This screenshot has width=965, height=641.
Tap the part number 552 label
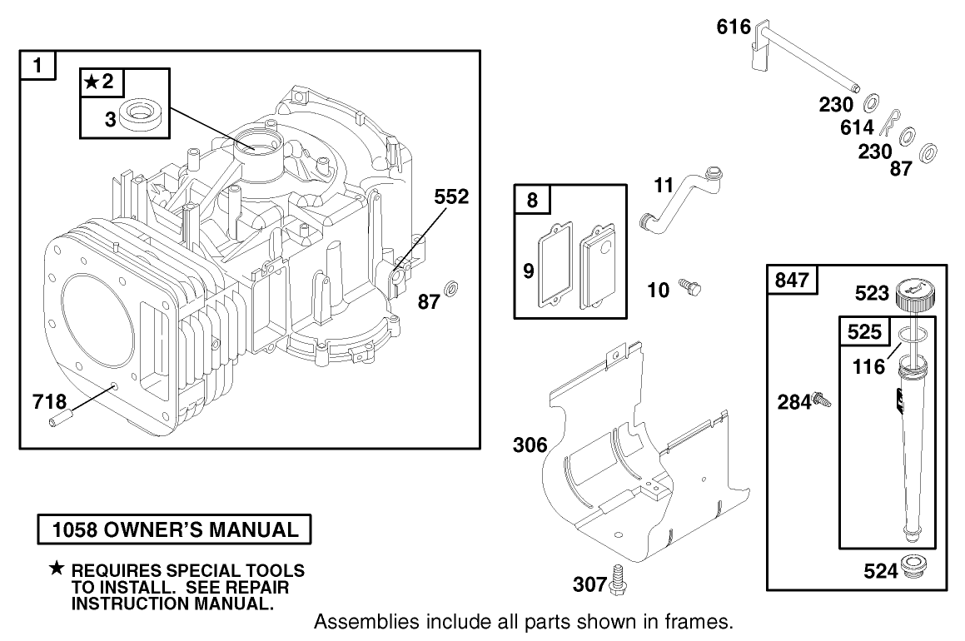(450, 196)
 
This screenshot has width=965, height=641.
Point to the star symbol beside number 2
(91, 81)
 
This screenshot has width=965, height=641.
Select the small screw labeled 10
(690, 288)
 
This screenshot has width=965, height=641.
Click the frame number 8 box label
(532, 201)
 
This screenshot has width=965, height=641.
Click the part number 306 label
(530, 445)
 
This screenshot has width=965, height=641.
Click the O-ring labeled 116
(913, 335)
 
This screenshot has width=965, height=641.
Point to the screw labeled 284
(823, 400)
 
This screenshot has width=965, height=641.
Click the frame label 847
(792, 281)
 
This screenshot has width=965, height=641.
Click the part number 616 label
(734, 27)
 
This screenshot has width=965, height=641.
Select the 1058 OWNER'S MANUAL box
(175, 529)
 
